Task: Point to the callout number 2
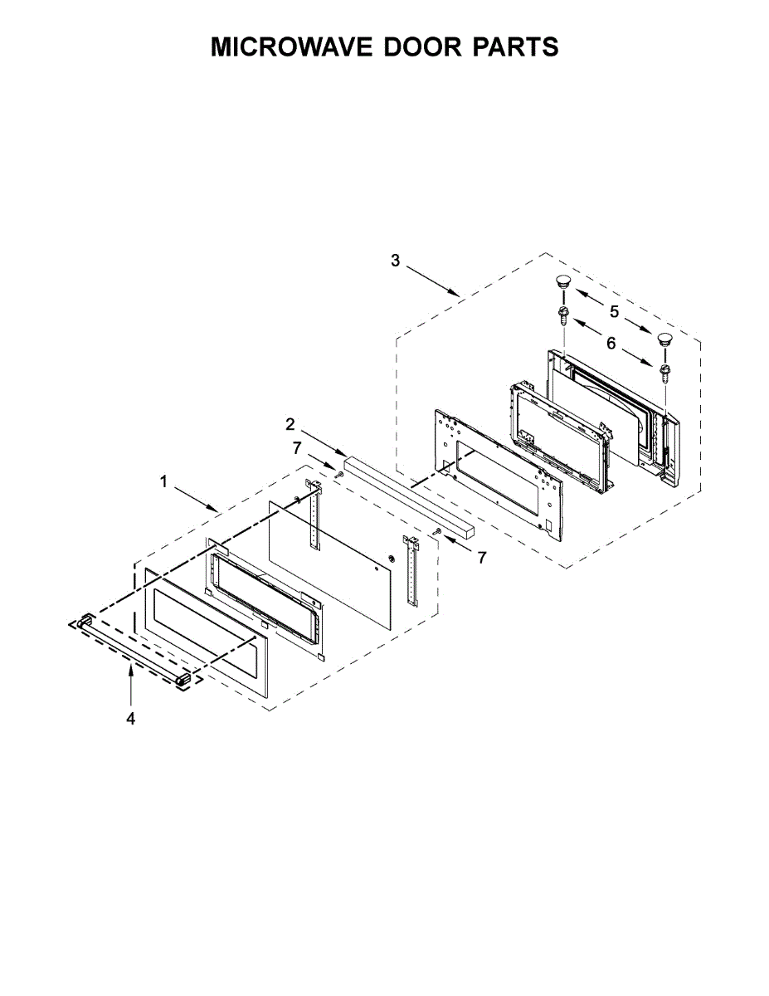coord(290,424)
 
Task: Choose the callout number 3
coord(395,261)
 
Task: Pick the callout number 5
coord(614,312)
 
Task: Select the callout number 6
coord(611,343)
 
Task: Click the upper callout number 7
coord(297,448)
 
